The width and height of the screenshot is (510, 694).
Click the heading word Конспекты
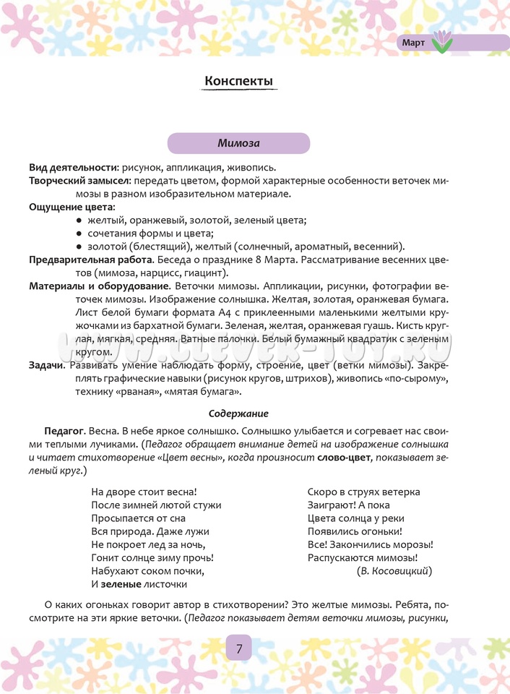point(239,81)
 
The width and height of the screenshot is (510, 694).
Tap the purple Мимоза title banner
point(239,143)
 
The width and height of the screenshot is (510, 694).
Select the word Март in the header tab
point(414,43)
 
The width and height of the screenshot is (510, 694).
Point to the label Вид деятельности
point(73,167)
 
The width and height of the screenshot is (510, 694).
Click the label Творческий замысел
point(79,181)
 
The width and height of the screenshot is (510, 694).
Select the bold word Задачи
point(46,365)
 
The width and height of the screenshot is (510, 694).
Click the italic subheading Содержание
point(238,414)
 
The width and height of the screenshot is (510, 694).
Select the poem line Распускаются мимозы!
point(362,557)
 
